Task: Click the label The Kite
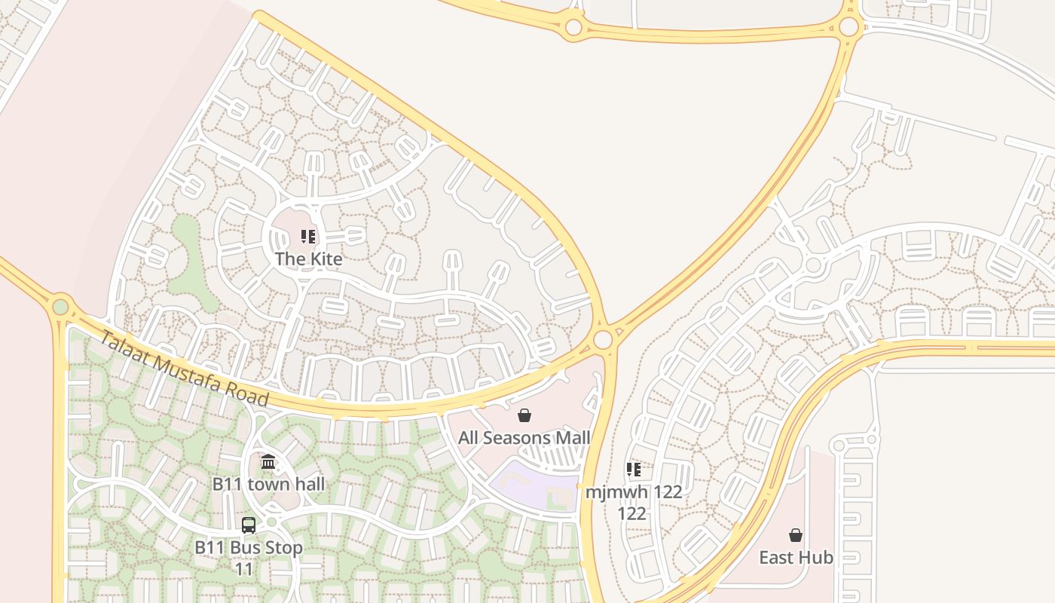[308, 259]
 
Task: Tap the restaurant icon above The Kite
[308, 237]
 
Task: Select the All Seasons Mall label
[524, 438]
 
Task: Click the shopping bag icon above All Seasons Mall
[524, 415]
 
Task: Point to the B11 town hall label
[268, 484]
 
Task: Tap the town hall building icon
[268, 461]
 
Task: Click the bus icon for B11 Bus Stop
[249, 525]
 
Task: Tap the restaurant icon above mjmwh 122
[634, 470]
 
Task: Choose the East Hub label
[796, 558]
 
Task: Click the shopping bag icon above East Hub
[796, 535]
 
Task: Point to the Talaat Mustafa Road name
[185, 369]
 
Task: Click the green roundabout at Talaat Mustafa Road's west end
[60, 307]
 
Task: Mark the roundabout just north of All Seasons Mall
[603, 340]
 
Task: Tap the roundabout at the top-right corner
[849, 27]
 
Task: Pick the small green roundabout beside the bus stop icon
[271, 522]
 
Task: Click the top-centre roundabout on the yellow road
[573, 28]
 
